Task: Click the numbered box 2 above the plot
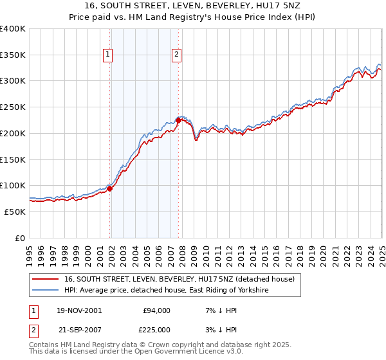coord(176,55)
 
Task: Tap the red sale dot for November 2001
coord(110,188)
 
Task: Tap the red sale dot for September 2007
coord(178,120)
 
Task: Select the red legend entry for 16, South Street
coord(179,279)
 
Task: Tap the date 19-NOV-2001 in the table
coord(78,310)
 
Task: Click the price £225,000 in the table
coord(156,331)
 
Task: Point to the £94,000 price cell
coord(156,310)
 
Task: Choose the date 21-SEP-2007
coord(78,331)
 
